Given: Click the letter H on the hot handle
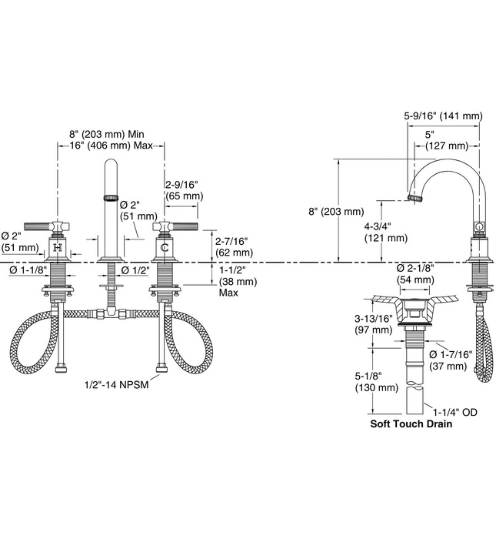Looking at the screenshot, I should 58,247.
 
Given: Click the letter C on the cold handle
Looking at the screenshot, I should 164,247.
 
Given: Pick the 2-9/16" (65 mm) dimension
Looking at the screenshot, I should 185,190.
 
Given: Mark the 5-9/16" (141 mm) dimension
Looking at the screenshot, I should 444,116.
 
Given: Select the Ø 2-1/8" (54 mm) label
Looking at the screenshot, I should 416,273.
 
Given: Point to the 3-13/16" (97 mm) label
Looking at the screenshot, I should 376,324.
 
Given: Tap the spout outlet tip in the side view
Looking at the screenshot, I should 416,199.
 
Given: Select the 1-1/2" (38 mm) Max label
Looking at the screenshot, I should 237,282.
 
